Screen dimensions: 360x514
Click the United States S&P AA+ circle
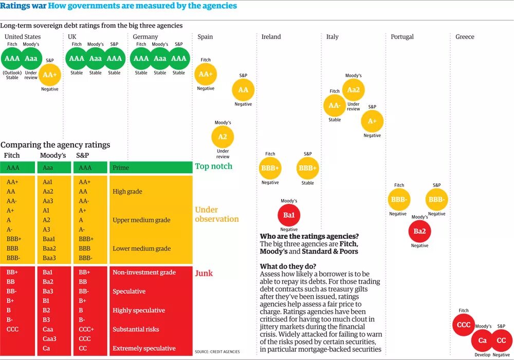point(50,75)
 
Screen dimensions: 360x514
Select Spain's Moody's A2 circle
point(223,137)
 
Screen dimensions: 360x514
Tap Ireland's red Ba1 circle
point(289,215)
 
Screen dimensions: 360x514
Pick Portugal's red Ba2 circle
point(419,231)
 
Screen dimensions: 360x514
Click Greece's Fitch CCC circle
point(464,325)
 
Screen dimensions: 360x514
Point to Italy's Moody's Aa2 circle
point(353,90)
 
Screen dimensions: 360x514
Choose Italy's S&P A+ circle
point(372,121)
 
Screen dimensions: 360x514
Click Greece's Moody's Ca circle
point(483,340)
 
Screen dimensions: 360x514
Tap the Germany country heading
point(145,37)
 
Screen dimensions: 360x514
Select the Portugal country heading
point(402,37)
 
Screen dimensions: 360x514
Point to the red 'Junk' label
point(204,273)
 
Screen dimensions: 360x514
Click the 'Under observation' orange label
point(216,214)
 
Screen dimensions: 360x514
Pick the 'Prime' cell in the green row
point(121,168)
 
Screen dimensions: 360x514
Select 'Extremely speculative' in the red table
point(144,348)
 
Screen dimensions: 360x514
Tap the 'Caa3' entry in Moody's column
point(49,339)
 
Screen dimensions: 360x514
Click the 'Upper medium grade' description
point(141,220)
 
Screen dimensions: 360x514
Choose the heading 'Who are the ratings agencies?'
point(309,236)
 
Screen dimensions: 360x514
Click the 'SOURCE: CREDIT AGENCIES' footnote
point(217,352)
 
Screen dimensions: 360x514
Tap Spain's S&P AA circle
point(243,90)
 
